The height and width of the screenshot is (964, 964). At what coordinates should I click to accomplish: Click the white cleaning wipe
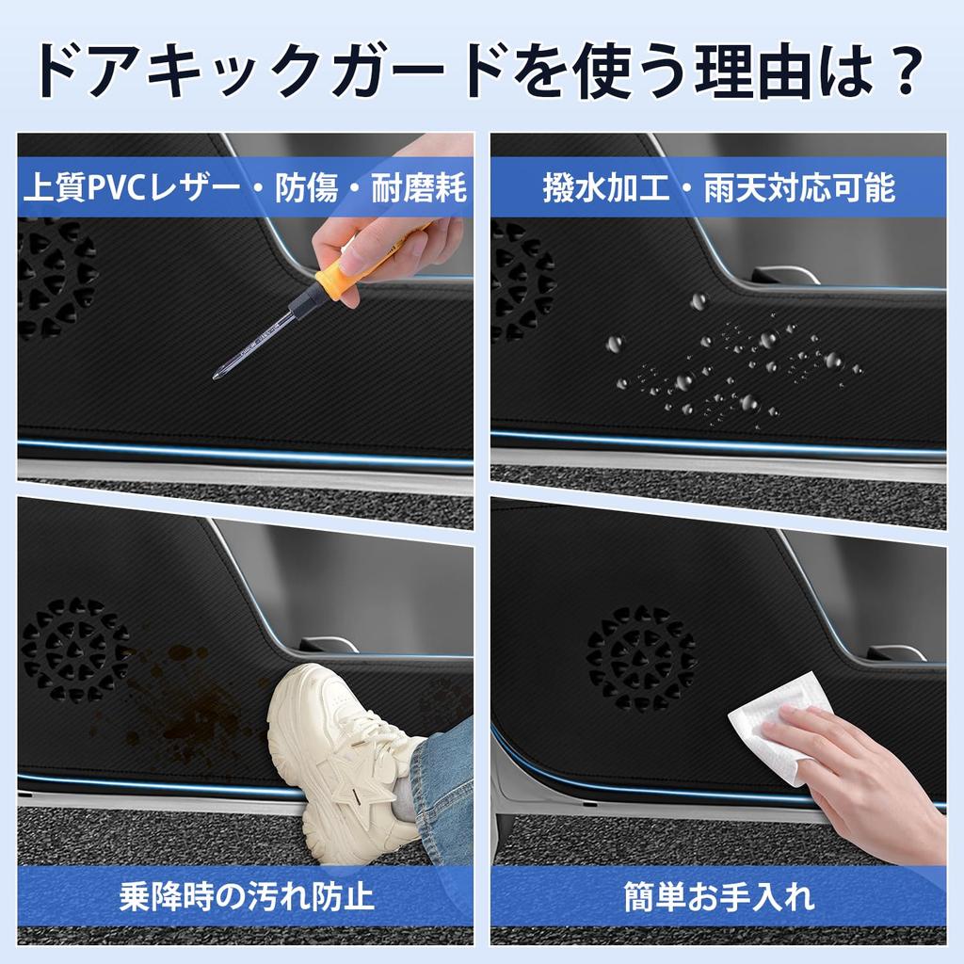coord(777,720)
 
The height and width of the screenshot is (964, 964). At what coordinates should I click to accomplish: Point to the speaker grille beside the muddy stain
coord(73,650)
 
